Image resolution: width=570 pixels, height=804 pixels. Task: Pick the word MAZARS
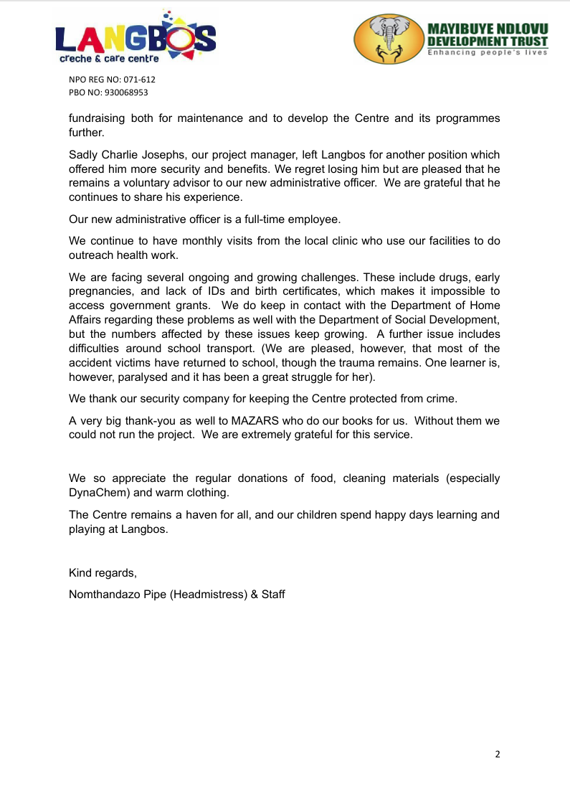pos(257,420)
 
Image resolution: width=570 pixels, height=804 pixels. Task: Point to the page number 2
pos(498,754)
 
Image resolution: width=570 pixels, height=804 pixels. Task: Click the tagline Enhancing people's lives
pos(488,52)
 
